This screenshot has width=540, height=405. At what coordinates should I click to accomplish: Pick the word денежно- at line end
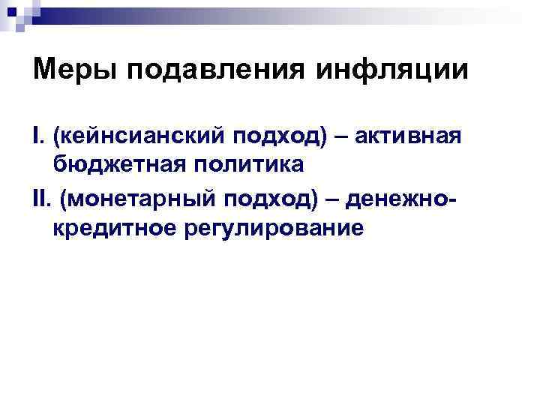pyautogui.click(x=401, y=199)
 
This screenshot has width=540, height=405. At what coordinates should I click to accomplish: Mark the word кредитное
pyautogui.click(x=112, y=228)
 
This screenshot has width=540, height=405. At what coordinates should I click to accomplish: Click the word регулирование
pyautogui.click(x=272, y=229)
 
